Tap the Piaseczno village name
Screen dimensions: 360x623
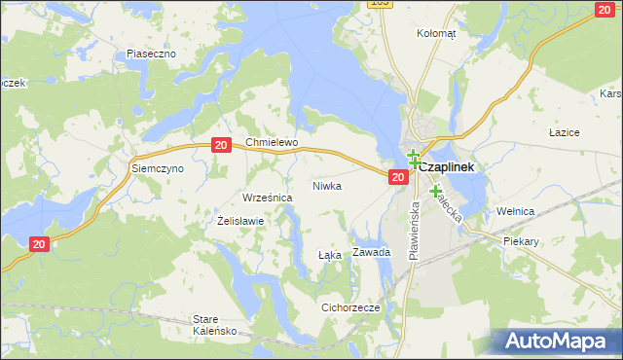pos(151,54)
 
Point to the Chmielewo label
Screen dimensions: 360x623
pos(271,142)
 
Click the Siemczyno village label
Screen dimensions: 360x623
pos(158,168)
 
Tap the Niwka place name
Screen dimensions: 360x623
pos(327,185)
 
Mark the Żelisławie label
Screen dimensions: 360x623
pos(240,221)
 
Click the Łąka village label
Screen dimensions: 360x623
pos(330,255)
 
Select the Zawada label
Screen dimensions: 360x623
pos(372,252)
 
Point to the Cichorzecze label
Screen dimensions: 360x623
pos(350,306)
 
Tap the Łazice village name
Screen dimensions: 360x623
pos(565,131)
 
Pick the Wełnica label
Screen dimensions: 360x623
pos(516,209)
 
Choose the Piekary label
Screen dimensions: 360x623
pos(520,239)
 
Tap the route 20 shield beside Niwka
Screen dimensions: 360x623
pos(397,177)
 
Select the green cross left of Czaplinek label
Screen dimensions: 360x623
pos(413,159)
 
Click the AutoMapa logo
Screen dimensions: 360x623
pos(554,341)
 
